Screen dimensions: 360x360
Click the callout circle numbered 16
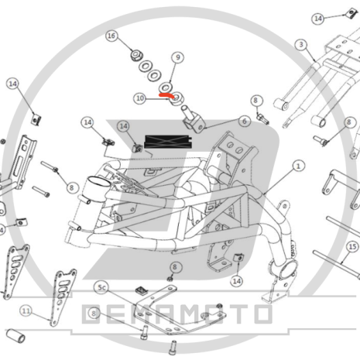[111, 36]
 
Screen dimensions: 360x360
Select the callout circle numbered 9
[177, 57]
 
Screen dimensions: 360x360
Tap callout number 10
[140, 98]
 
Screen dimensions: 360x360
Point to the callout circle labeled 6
[244, 121]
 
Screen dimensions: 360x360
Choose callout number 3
[301, 45]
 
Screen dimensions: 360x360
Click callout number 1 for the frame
[298, 166]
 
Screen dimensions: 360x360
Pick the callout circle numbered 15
[352, 247]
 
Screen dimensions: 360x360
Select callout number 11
[26, 310]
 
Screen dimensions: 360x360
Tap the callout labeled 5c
[101, 287]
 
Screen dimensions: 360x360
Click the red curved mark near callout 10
[166, 95]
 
